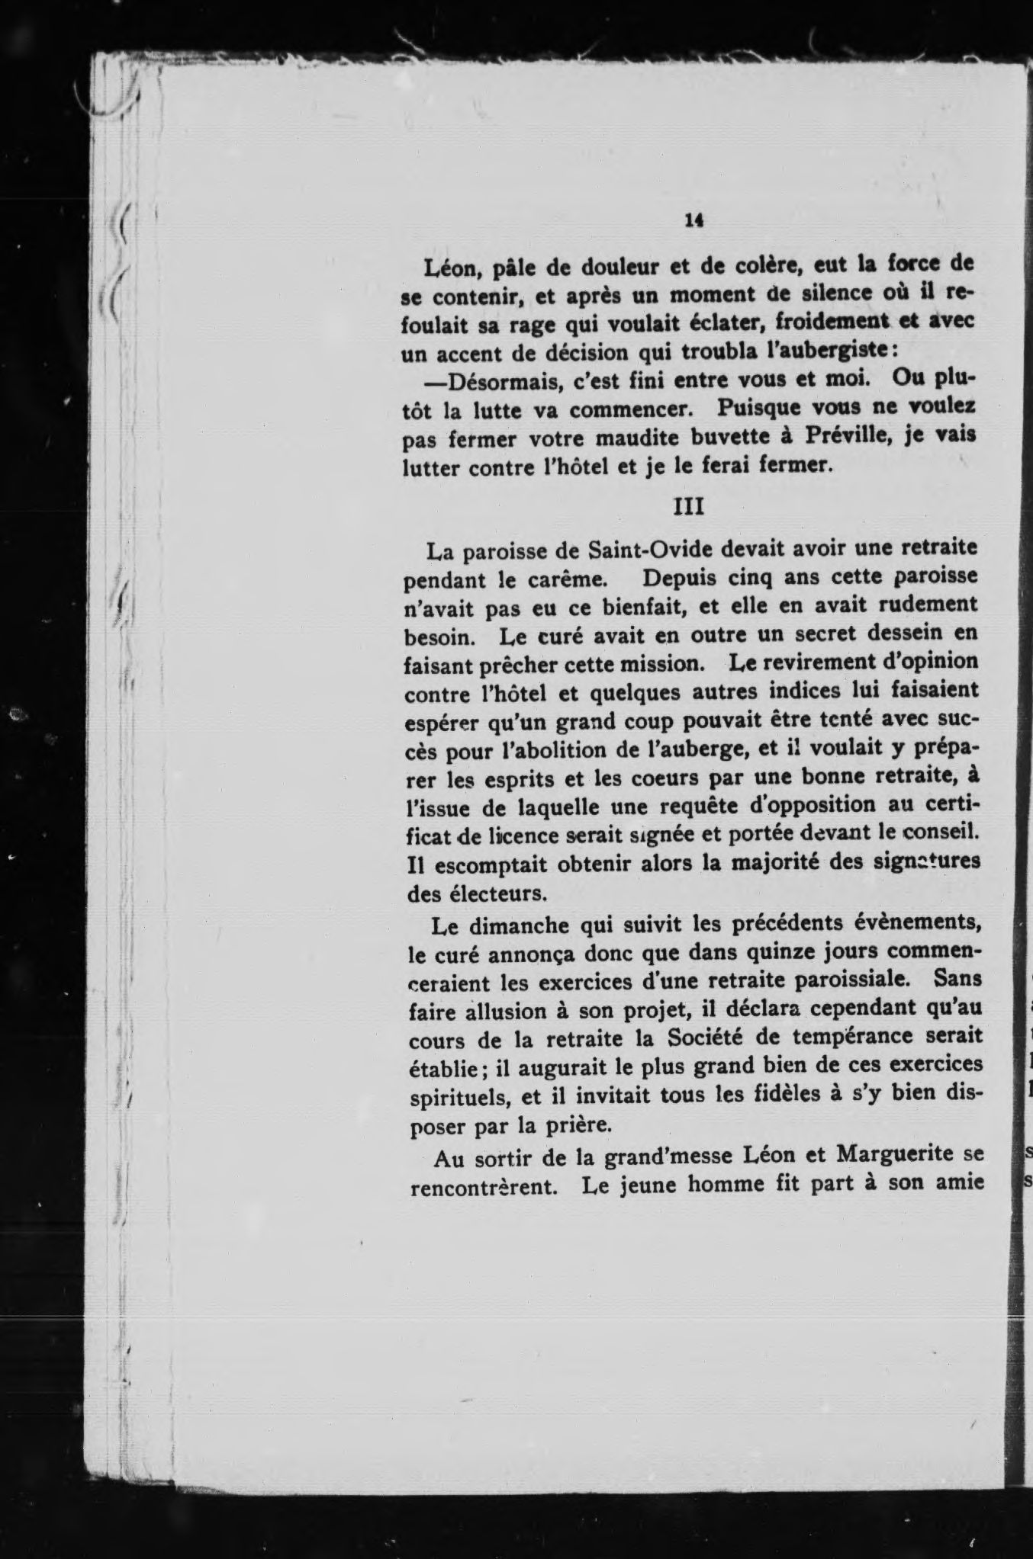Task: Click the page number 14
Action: point(693,220)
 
